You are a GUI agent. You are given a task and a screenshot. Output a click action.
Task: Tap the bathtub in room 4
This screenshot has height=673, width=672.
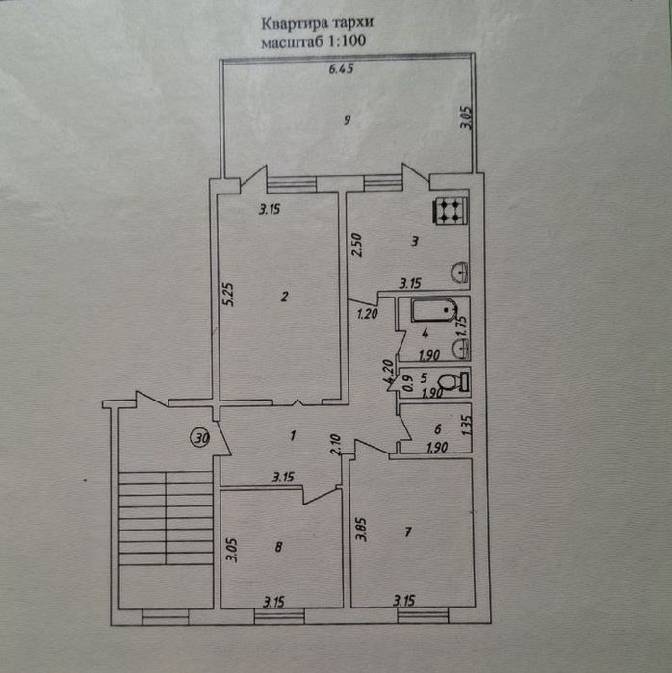434,310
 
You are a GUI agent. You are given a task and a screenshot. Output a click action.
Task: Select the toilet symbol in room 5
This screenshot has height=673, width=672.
454,381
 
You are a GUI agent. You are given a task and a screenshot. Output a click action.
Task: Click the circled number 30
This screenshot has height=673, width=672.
200,438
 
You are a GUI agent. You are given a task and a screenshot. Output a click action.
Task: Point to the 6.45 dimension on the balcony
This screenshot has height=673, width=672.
341,68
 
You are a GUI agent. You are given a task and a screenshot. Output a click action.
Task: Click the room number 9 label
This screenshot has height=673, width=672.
347,120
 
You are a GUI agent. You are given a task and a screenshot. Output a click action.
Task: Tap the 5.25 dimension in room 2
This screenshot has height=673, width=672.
228,294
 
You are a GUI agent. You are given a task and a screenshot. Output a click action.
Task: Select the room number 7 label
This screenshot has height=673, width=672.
407,532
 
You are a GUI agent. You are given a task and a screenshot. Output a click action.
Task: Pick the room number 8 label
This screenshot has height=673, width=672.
278,547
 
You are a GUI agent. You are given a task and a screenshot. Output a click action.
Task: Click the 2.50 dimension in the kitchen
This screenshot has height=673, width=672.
356,246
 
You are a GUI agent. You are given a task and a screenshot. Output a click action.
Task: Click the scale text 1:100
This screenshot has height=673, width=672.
348,40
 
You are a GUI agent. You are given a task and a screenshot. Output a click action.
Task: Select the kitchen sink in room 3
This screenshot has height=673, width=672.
459,272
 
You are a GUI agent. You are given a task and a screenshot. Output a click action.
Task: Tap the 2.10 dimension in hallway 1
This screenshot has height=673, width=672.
335,445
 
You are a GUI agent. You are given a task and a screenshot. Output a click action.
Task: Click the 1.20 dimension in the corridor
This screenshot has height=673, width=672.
368,314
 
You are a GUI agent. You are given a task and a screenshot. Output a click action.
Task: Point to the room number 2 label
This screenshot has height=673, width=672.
284,297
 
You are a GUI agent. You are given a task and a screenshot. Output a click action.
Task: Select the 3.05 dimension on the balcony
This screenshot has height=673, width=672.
466,118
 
